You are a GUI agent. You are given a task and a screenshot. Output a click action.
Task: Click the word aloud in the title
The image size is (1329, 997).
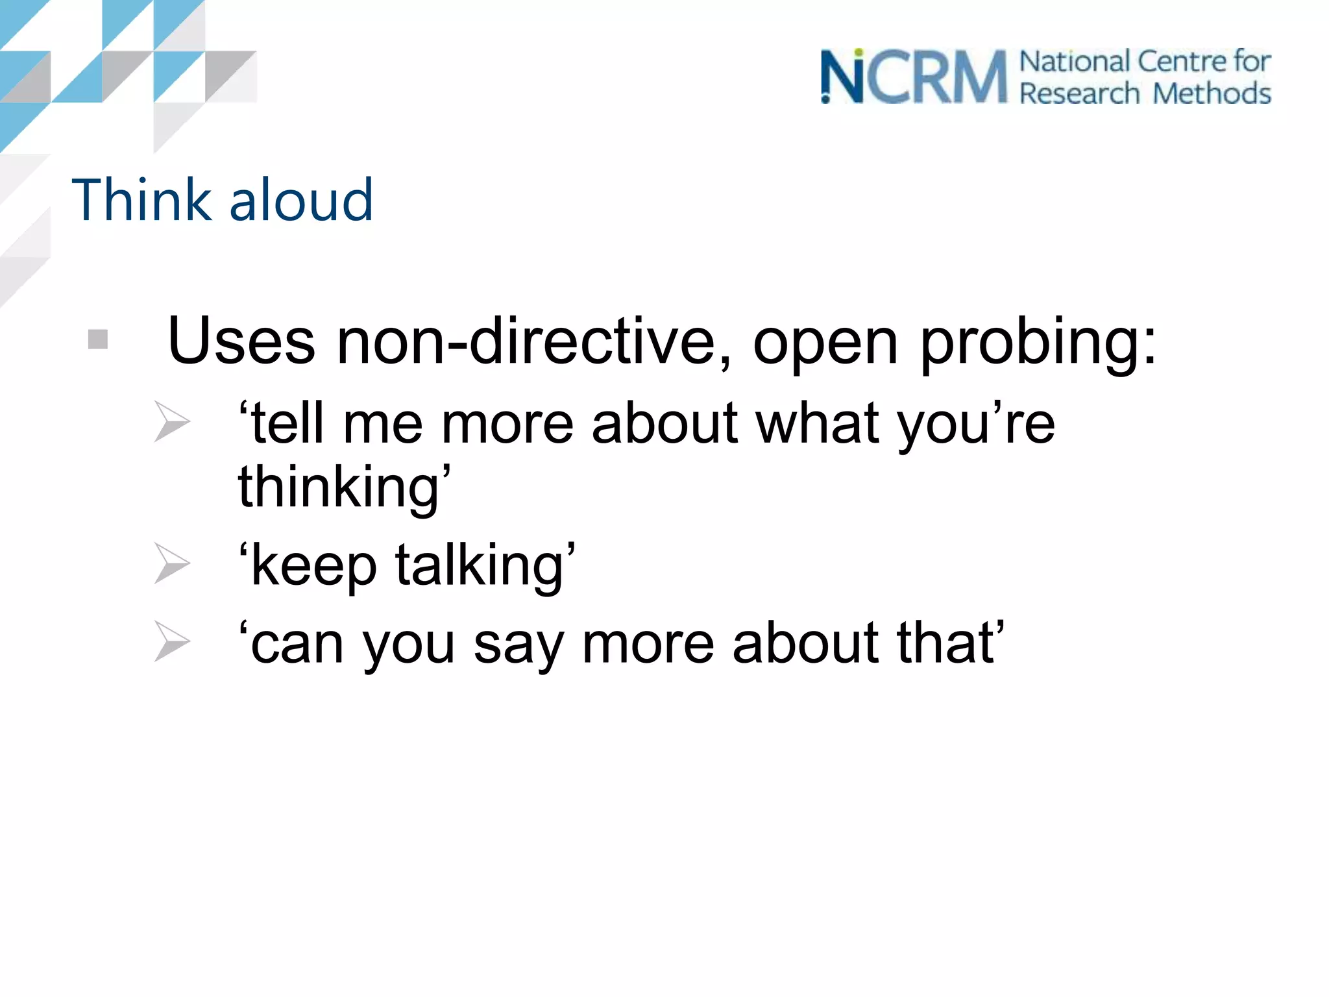point(301,200)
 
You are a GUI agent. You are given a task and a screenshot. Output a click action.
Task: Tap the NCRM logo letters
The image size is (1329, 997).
point(914,78)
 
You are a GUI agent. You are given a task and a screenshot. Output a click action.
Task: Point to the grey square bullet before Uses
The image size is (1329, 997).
point(98,339)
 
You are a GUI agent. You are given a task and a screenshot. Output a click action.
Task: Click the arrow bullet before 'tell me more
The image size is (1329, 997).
point(172,422)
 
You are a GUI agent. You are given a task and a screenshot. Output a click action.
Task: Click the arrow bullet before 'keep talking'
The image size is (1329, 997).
point(172,563)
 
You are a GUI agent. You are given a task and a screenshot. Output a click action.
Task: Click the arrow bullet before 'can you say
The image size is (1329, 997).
point(172,641)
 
